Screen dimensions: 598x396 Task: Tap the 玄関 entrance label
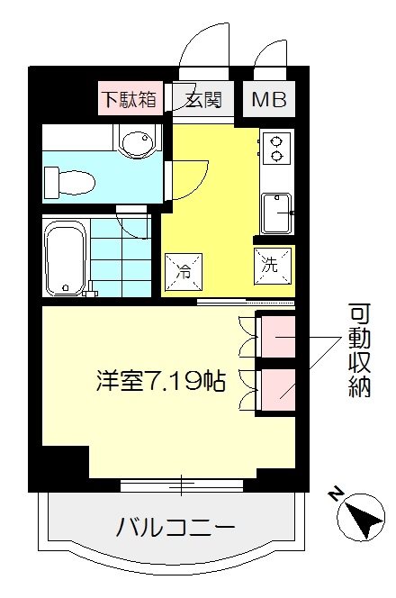[x=204, y=99]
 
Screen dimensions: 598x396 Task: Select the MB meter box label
[x=267, y=99]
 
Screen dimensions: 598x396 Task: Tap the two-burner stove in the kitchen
[x=275, y=148]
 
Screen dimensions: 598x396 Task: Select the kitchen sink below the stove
[x=274, y=213]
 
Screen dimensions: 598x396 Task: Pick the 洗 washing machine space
[x=273, y=264]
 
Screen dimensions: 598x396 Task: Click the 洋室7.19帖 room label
[x=161, y=380]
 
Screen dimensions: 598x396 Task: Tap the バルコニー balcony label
[x=175, y=527]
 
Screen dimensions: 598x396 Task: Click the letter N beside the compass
[x=335, y=494]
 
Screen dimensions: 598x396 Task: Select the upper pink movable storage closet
[x=276, y=336]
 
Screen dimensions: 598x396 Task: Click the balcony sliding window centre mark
[x=182, y=485]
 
